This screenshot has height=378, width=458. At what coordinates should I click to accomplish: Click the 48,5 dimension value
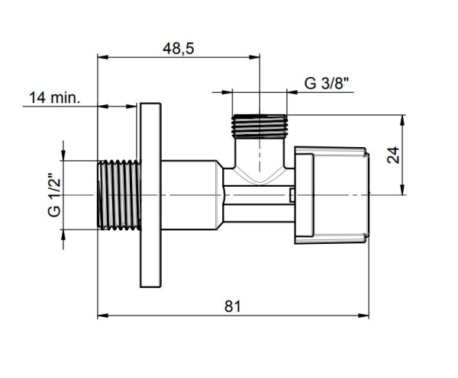(x=179, y=48)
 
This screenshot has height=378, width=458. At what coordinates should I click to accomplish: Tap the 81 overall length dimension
(x=233, y=305)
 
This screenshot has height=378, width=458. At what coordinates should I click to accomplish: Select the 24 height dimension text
(x=394, y=155)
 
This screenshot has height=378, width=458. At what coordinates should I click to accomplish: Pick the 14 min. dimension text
(x=55, y=98)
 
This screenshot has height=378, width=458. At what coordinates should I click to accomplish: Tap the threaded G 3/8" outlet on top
(x=260, y=126)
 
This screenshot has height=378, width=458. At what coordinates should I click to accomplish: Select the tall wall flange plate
(x=150, y=195)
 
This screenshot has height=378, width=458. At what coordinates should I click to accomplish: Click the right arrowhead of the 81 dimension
(x=375, y=314)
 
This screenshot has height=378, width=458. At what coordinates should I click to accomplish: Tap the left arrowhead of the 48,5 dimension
(x=102, y=56)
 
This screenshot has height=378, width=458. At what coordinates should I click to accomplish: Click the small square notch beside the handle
(x=292, y=197)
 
